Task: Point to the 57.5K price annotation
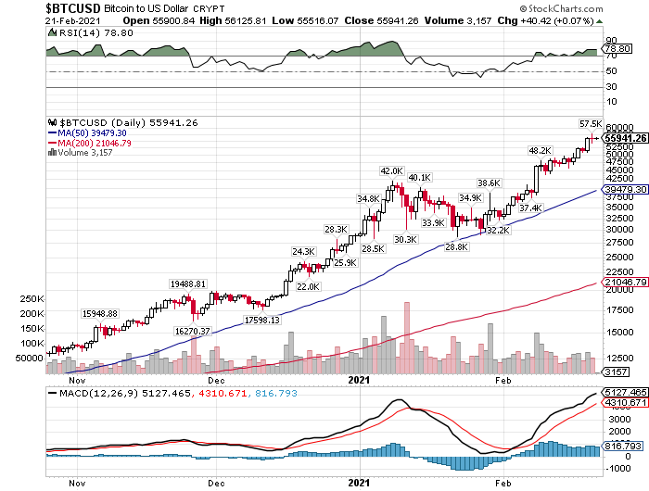[591, 123]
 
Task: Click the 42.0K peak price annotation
[391, 171]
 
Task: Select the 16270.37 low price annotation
[194, 331]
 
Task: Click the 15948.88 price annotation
[100, 314]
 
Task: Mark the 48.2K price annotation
[540, 150]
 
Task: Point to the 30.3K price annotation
[405, 239]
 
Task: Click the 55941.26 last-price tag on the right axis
[625, 138]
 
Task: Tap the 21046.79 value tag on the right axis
[625, 282]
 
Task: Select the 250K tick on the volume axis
[31, 299]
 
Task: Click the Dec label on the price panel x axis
[217, 380]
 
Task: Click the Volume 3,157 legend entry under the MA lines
[82, 153]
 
